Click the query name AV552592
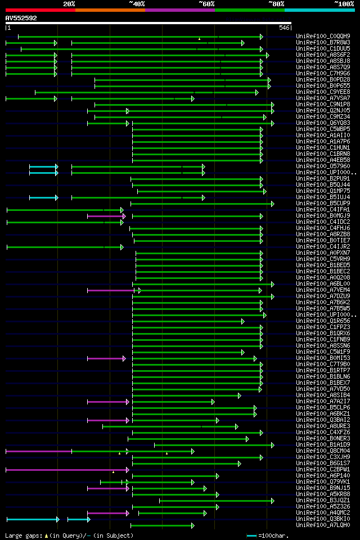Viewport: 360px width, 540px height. pos(21,18)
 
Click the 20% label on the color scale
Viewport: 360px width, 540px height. pos(69,4)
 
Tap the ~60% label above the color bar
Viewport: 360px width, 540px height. pos(206,4)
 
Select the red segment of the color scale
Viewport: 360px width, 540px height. pos(40,10)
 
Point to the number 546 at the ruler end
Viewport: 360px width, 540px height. pos(284,28)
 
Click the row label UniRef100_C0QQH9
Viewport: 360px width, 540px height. pos(323,37)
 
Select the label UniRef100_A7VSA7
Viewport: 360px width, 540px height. pos(323,98)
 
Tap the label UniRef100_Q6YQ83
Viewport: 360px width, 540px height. pos(323,123)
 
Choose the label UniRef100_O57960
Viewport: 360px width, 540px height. pos(323,166)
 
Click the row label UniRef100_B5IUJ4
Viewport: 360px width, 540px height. pos(323,197)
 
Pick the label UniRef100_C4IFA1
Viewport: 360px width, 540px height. pos(323,210)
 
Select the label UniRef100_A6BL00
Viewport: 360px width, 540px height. pos(323,284)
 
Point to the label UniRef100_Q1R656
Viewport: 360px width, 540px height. pos(323,321)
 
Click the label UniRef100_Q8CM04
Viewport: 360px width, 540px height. pos(323,451)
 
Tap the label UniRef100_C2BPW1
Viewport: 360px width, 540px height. pos(323,470)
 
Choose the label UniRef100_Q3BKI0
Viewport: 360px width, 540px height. pos(323,519)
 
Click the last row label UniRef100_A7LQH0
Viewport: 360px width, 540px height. pos(323,525)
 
